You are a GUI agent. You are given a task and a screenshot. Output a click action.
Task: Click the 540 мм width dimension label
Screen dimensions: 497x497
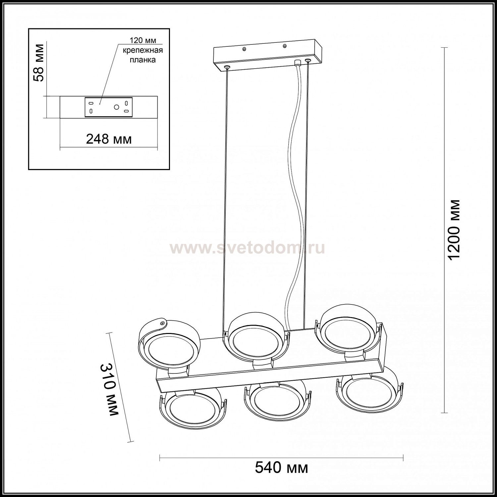coord(281,468)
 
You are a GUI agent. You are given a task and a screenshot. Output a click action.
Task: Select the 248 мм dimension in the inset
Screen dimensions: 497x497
coord(109,139)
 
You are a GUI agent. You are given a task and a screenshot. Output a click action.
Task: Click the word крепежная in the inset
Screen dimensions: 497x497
coord(143,50)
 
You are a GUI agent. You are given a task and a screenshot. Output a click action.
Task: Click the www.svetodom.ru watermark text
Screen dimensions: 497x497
coord(247,248)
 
